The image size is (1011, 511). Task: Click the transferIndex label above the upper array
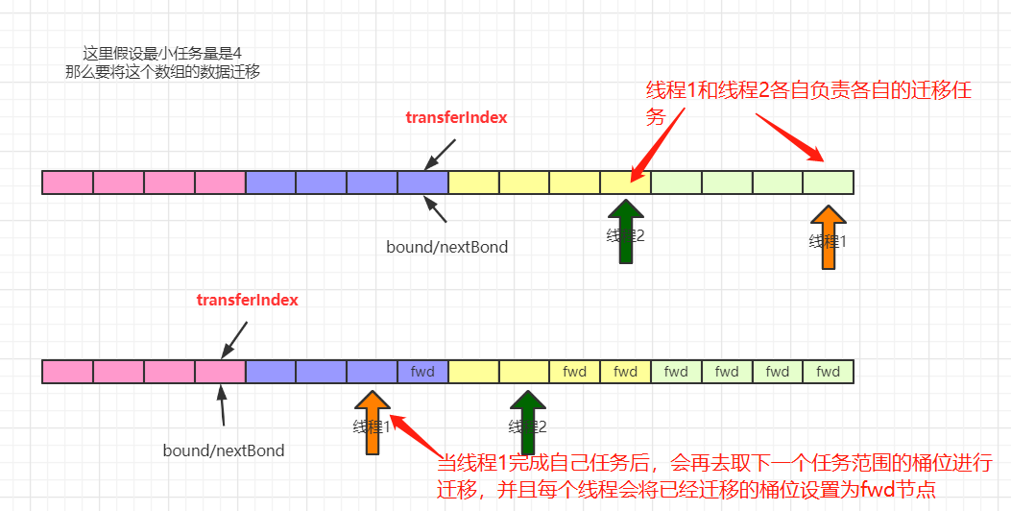pos(456,118)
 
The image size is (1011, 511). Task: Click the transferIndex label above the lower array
pos(247,300)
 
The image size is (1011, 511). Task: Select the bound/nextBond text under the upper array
pos(446,247)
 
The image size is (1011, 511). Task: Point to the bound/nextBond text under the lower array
pos(224,450)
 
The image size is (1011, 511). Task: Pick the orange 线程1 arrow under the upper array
pos(828,237)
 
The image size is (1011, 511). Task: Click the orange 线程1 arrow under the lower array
pos(372,422)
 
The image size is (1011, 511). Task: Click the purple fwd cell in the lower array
pos(422,372)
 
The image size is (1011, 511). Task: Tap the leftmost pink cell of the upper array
pos(68,182)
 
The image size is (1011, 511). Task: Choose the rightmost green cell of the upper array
pos(828,182)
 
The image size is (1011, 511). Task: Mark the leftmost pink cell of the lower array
pos(68,372)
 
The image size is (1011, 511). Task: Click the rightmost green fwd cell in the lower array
pos(828,372)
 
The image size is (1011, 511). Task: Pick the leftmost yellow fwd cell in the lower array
pos(574,372)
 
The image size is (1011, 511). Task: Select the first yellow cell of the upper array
pos(473,182)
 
